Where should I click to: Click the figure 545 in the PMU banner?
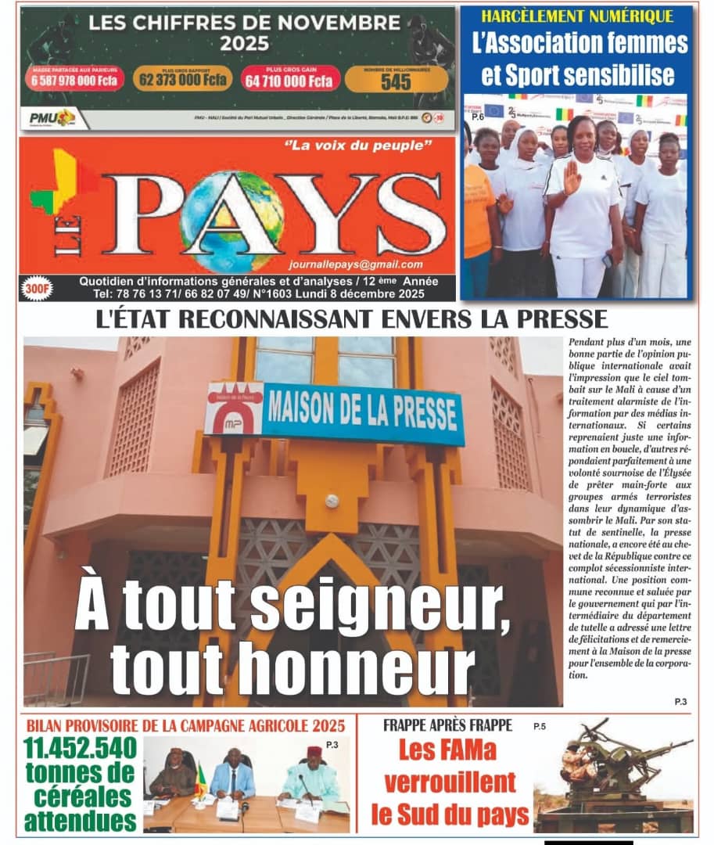(396, 81)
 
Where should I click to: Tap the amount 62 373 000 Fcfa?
(183, 80)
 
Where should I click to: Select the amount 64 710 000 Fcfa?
(289, 81)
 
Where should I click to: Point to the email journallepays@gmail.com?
(355, 264)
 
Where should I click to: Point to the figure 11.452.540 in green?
(81, 749)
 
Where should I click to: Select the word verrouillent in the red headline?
(450, 782)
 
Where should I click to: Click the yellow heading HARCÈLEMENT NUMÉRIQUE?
(576, 16)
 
